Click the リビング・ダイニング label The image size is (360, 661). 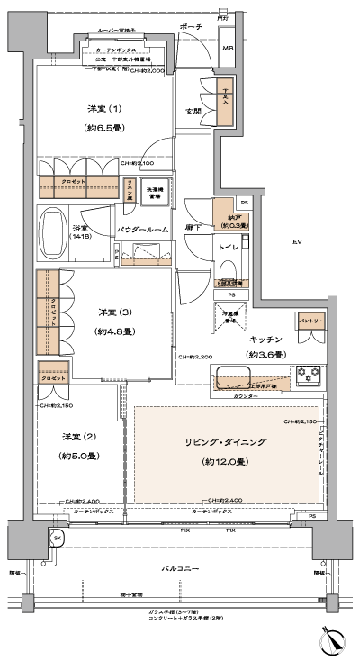[213, 443]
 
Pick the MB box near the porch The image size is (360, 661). [228, 49]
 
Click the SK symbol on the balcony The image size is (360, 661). [57, 538]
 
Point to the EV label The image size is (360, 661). [296, 241]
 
